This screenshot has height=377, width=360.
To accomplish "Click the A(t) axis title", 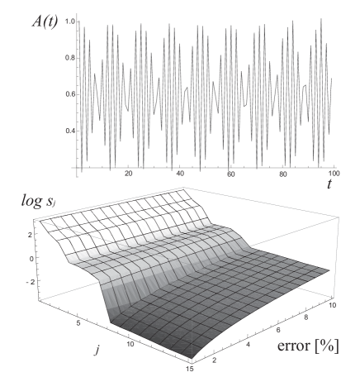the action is point(45,21).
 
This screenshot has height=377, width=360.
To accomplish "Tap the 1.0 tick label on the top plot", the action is point(70,21).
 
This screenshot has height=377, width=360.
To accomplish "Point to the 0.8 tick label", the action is point(70,58).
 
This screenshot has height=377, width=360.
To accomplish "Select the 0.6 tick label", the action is point(70,94).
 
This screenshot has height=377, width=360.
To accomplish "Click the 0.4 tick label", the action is point(70,131).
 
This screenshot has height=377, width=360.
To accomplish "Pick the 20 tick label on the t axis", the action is point(128,174).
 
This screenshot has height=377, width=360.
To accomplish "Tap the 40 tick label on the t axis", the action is point(180,174).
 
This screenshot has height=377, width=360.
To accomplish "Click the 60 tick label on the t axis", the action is point(231,174).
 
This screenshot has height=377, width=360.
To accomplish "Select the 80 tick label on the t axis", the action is point(283,174).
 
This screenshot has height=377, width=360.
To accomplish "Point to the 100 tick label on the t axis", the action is point(334,174).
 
